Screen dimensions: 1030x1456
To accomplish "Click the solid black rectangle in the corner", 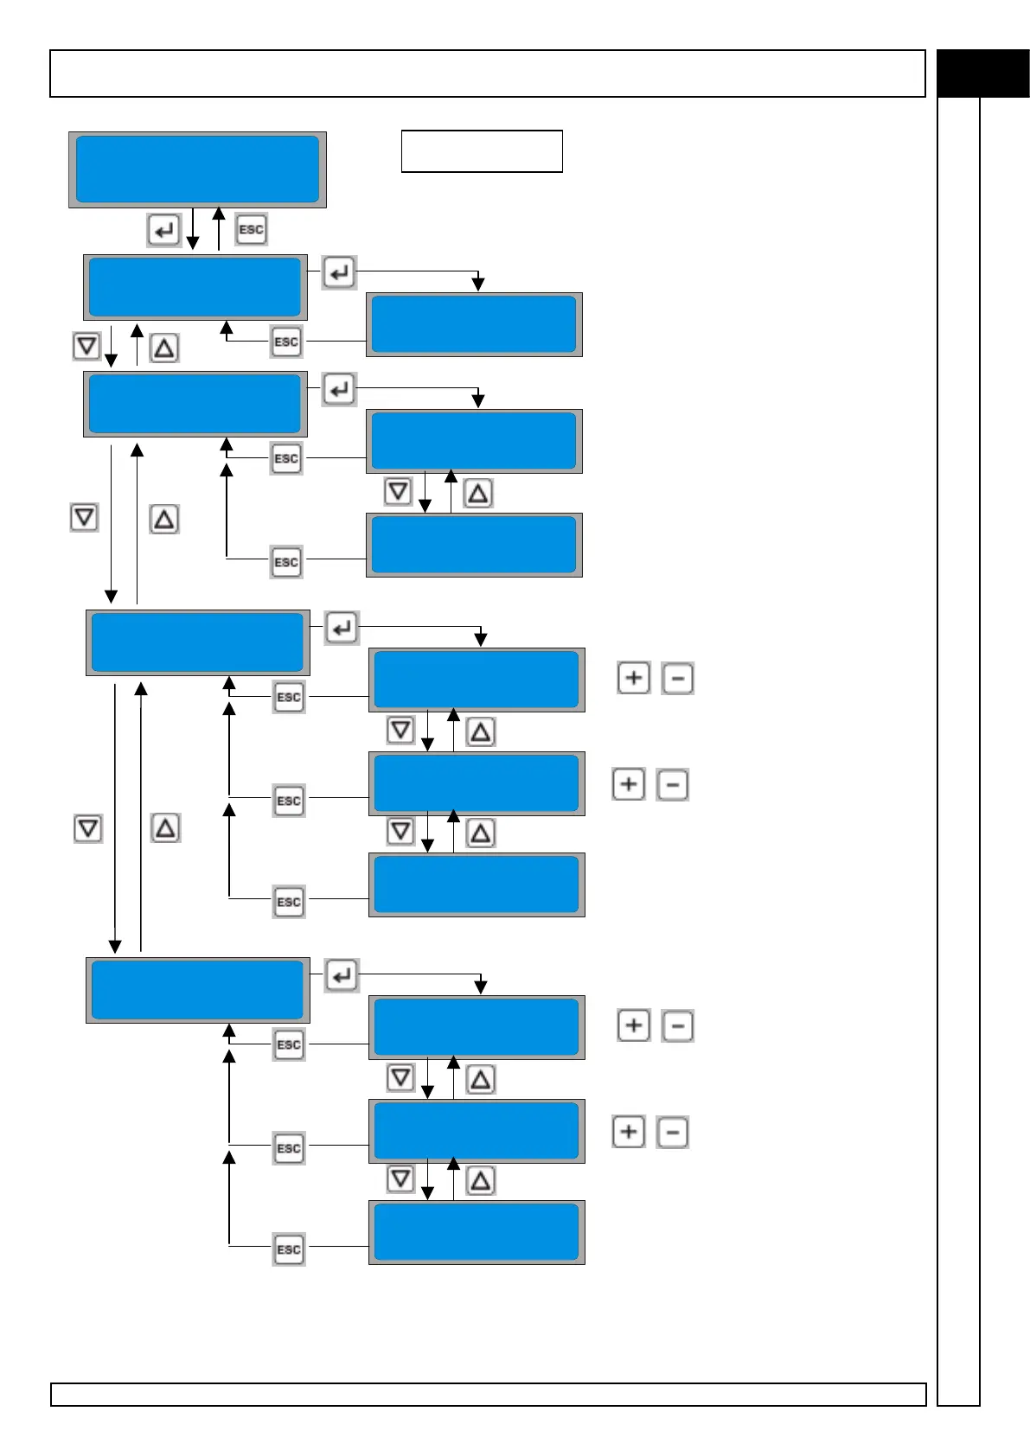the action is click(x=983, y=73).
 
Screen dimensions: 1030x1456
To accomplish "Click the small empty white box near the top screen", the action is click(x=482, y=151).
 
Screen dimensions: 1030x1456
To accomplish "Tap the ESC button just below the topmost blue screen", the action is click(x=251, y=229).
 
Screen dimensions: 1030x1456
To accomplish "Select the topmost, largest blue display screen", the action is click(x=197, y=169).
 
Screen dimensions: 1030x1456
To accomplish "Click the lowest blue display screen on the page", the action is click(x=477, y=1232).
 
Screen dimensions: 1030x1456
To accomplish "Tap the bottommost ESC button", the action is click(x=289, y=1249).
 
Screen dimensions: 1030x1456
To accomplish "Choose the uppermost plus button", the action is click(x=634, y=678).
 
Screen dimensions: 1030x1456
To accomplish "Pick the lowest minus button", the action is click(x=673, y=1132).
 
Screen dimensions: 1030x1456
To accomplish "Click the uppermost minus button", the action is click(x=678, y=679).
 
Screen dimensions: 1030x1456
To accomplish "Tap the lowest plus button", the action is click(x=629, y=1132).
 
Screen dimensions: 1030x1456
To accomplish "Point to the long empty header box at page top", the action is click(x=488, y=73).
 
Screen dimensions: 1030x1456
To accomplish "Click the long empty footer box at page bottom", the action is click(x=488, y=1395).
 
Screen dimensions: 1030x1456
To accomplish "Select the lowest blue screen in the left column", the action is click(x=198, y=990).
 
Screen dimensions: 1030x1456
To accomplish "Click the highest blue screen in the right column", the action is click(x=474, y=324).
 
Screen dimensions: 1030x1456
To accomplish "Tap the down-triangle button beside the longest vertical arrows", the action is click(x=88, y=828).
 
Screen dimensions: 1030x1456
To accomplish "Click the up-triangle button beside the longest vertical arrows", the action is click(x=165, y=828).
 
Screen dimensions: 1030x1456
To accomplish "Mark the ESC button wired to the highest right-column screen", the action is click(x=286, y=342).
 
